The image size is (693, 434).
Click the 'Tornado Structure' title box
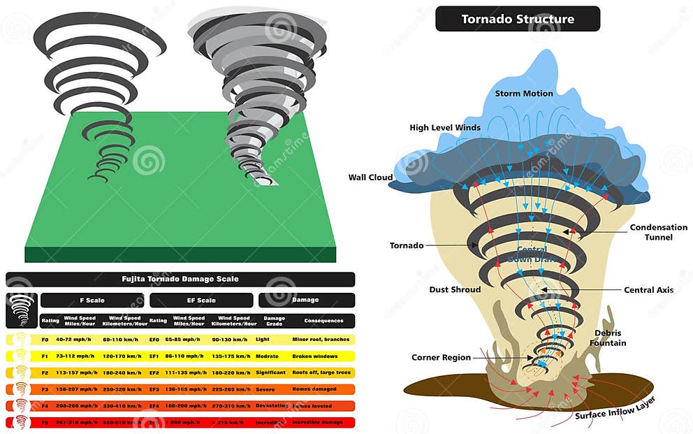point(517,19)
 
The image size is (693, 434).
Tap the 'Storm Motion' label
point(524,93)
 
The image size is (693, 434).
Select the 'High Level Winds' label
point(445,127)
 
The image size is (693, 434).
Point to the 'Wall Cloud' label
point(370,178)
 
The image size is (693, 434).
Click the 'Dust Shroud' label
point(455,289)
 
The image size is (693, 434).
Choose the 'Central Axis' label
point(649,290)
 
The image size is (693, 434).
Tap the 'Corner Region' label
point(441,358)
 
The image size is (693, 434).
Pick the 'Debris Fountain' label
point(608,338)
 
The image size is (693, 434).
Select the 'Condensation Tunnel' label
point(658,232)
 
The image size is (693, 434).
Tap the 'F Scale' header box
point(92,301)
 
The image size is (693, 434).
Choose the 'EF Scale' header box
point(201,301)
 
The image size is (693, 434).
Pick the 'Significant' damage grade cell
point(270,372)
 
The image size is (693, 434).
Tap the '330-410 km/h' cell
point(122,406)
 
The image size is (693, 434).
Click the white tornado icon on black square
point(21,310)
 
